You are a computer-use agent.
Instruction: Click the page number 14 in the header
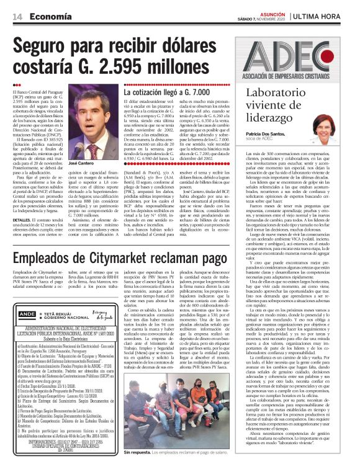(x=18, y=16)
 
